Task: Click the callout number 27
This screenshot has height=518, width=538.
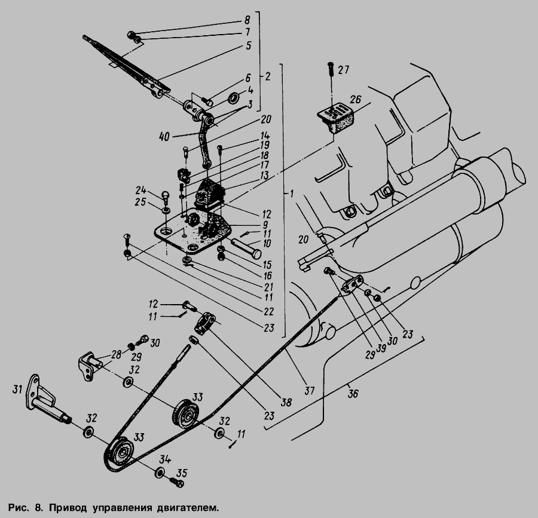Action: click(x=343, y=70)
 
